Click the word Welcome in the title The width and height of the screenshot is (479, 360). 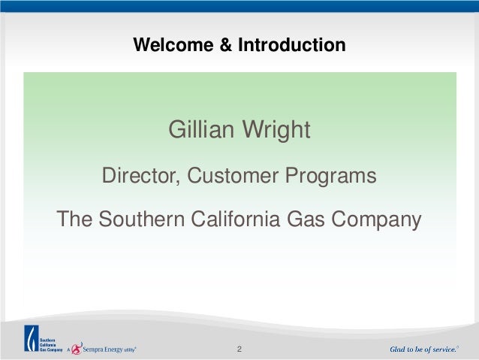[173, 44]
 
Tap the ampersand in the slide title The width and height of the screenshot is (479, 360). [226, 44]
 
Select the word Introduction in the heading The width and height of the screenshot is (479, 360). [292, 44]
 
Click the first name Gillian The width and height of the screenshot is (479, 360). [201, 129]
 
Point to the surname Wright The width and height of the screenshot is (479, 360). [276, 131]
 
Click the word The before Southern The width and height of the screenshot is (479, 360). [74, 219]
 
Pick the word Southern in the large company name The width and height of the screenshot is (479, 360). [142, 219]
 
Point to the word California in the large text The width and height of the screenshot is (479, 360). [236, 219]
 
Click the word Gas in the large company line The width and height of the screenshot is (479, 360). [306, 219]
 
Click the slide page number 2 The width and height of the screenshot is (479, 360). [239, 349]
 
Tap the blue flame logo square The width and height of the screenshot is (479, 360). [32, 338]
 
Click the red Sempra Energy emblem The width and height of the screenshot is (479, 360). [77, 349]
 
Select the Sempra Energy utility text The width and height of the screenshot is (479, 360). [110, 349]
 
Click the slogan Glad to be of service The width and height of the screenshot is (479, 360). [424, 349]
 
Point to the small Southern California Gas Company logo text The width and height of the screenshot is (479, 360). [51, 345]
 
